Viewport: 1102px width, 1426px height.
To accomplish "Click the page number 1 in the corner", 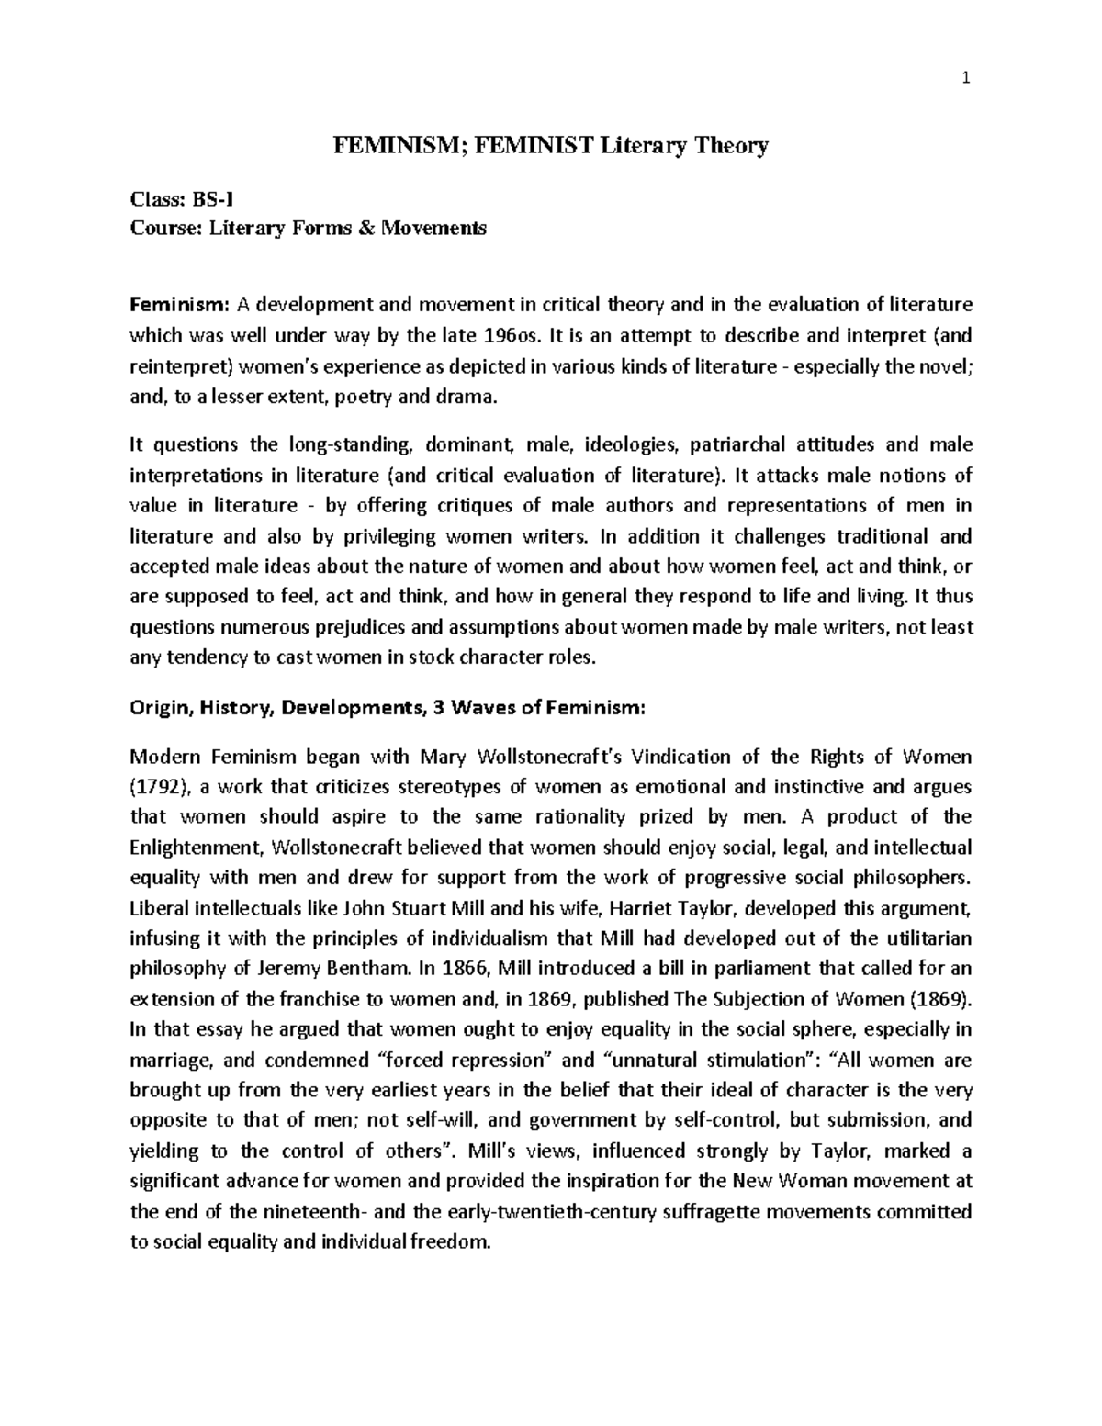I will (x=965, y=79).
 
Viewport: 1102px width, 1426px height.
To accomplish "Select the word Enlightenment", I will (x=189, y=848).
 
